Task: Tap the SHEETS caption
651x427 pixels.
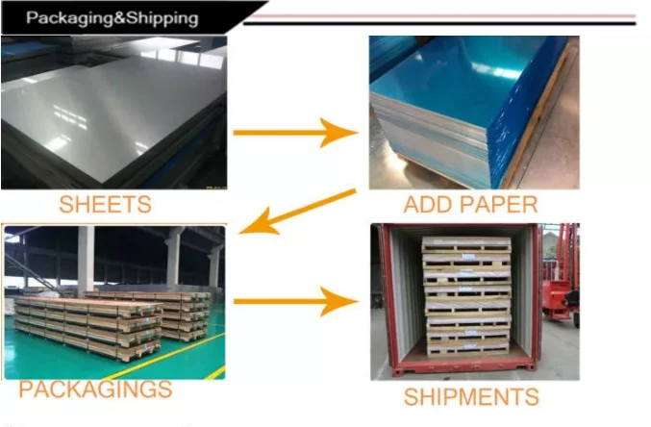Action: [x=106, y=204]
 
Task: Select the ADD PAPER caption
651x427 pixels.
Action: [x=470, y=205]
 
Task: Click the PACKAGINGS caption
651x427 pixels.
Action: [x=95, y=389]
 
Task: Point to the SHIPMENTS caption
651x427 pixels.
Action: [x=471, y=396]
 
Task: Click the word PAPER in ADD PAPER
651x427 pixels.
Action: [x=498, y=205]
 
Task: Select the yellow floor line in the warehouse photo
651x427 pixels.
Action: [x=163, y=357]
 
